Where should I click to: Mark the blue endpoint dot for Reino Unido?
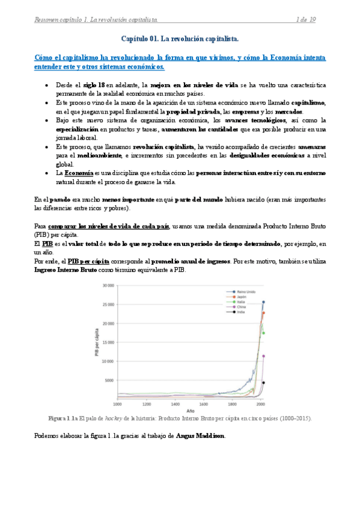pos(263,303)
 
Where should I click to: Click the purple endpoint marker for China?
pos(263,356)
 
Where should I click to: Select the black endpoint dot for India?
pos(263,382)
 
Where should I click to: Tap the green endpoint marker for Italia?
pos(263,333)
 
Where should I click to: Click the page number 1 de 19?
pos(307,20)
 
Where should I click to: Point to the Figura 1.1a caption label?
pos(63,417)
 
